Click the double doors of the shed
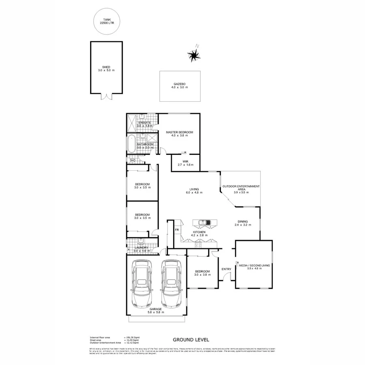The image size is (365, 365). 106,97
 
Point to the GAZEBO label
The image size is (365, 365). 180,84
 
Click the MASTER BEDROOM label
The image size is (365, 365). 179,132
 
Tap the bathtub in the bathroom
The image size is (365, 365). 131,145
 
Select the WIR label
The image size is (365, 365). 185,161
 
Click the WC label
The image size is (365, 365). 132,161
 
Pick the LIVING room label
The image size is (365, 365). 194,189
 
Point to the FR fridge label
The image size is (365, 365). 177,230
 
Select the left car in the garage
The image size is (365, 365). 141,283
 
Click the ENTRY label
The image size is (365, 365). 226,269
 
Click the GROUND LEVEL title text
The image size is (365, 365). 191,340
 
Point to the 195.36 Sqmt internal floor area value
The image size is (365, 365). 133,337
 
